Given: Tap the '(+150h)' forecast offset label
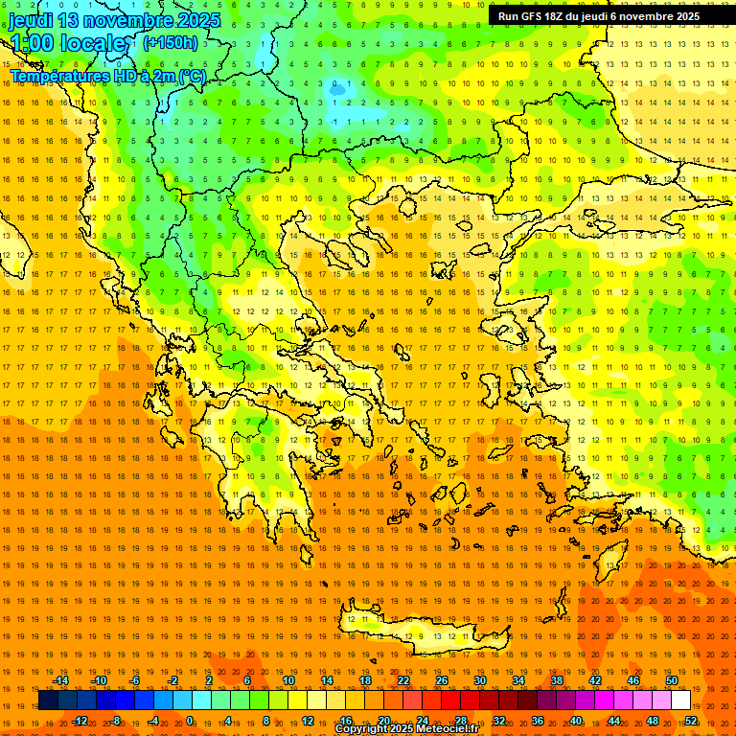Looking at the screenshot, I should coord(170,42).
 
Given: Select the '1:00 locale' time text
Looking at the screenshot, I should coord(68,43).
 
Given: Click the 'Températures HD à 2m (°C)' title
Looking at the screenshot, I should coord(108,76).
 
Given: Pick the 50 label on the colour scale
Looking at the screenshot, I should coord(671,680).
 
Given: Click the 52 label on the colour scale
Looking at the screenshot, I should coord(691,721).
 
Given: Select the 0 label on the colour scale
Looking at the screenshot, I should coord(190,721).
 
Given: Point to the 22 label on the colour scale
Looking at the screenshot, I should coord(403,680).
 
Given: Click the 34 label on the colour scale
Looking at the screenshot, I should coord(518,680).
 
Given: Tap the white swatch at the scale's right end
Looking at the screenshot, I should coord(680,701).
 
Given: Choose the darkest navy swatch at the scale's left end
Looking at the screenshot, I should coord(48,701).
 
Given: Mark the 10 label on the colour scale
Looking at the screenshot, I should coord(288,680).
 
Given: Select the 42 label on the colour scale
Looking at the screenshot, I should coord(595,680).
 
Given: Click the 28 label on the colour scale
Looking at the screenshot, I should coord(461,721).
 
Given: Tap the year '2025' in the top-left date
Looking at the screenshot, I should coord(196,20).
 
